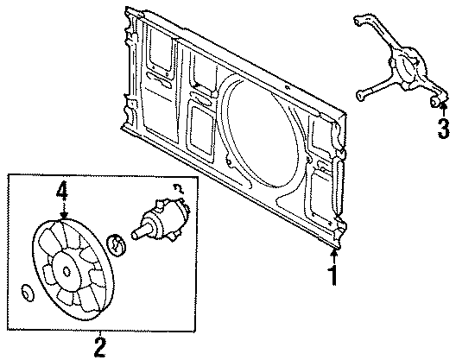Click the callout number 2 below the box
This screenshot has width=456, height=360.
click(x=101, y=347)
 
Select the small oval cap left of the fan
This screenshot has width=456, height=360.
click(x=27, y=294)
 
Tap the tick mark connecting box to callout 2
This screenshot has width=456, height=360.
click(x=101, y=335)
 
